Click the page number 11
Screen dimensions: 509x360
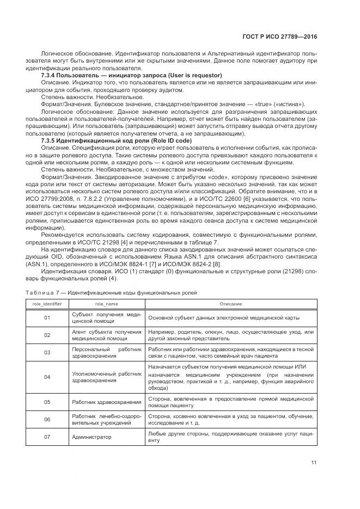314,463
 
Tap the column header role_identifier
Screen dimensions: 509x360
47,304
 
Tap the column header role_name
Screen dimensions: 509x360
106,304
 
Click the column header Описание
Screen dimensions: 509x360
230,304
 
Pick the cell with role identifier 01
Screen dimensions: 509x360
47,317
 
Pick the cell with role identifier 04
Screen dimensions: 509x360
47,377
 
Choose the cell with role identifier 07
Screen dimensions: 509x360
47,437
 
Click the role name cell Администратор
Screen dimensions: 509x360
91,437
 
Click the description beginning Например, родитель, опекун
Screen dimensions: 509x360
230,335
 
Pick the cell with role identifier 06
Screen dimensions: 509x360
47,419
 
